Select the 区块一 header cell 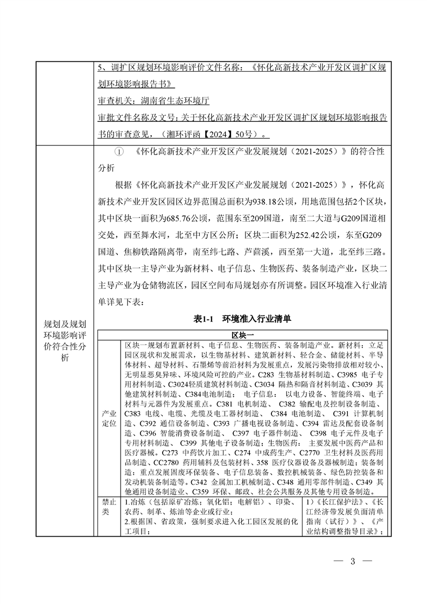tap(243, 334)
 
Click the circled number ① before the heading tap(120, 152)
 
